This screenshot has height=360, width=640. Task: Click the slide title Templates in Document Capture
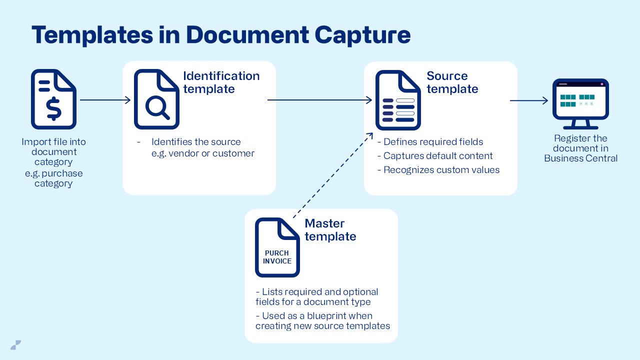point(220,35)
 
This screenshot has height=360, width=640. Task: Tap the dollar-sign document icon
point(53,99)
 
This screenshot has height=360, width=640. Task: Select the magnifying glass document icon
point(156,99)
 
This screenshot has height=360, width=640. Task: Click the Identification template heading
point(221,82)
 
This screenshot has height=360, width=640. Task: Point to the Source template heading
point(452,82)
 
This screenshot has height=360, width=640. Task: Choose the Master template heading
point(330,230)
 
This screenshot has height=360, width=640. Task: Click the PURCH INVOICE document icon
point(277,247)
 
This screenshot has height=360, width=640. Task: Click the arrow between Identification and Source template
point(320,100)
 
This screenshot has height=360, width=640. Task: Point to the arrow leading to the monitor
point(529,100)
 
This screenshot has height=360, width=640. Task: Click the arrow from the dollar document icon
point(105,100)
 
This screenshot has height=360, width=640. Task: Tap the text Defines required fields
point(433,142)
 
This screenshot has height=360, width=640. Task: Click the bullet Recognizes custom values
point(441,170)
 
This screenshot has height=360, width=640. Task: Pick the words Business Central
point(580,158)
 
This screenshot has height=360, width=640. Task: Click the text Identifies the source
point(196,142)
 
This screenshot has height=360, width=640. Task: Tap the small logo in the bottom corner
point(15,344)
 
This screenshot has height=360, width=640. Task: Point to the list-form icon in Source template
point(398,100)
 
